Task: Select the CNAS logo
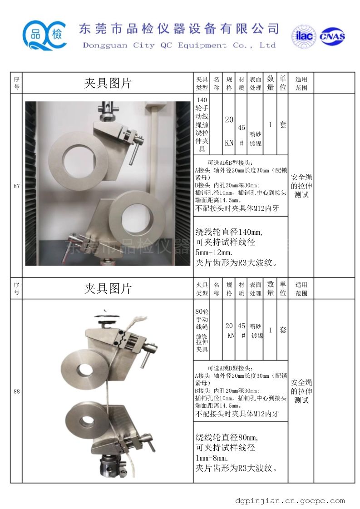coord(332,36)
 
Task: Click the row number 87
coord(16,186)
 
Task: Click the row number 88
coord(16,391)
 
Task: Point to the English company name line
coord(179,45)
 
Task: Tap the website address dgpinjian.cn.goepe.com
coord(290,501)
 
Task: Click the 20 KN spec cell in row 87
coord(229,131)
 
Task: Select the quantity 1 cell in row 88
coord(271,330)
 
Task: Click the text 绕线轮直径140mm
coord(229,232)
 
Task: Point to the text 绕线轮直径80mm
coord(227,437)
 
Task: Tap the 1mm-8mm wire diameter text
coord(212,458)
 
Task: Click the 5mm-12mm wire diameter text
coord(214,252)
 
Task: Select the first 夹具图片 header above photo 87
coord(108,83)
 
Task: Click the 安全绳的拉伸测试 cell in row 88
coord(301,391)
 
